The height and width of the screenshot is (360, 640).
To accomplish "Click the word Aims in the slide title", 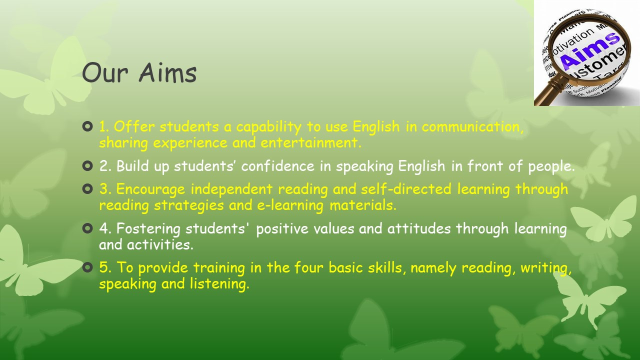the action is (x=167, y=73).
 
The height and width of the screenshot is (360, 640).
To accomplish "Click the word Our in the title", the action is (x=105, y=73).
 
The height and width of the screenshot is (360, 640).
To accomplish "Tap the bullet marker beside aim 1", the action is (x=87, y=126).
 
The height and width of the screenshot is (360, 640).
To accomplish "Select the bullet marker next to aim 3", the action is (x=87, y=189).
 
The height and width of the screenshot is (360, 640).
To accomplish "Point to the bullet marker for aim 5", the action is (x=87, y=267).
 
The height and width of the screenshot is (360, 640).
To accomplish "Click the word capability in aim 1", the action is (x=268, y=127).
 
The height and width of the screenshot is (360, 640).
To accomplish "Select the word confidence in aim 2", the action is (x=277, y=166).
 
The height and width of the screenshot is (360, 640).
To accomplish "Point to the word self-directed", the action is (x=406, y=189).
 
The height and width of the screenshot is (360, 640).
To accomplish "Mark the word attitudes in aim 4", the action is (x=419, y=228).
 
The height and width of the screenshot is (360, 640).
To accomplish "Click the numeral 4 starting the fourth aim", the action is (x=103, y=228).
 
